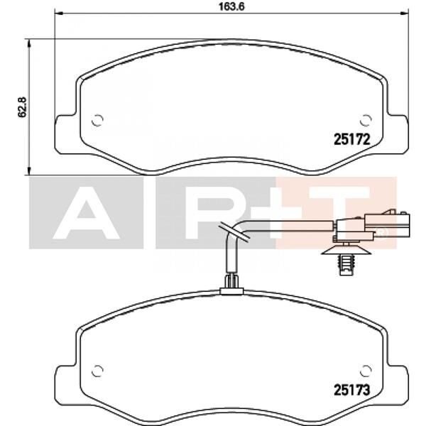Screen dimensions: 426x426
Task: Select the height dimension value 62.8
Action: tap(22, 106)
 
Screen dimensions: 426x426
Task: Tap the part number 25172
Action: tap(353, 140)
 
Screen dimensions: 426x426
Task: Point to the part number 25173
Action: tap(353, 389)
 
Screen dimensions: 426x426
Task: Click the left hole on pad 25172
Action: tap(98, 119)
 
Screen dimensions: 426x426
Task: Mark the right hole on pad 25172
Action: tap(366, 119)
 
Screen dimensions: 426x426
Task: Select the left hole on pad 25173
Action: tap(98, 369)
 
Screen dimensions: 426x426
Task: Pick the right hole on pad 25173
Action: tap(366, 369)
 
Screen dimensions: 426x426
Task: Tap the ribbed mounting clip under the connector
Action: tap(345, 263)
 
